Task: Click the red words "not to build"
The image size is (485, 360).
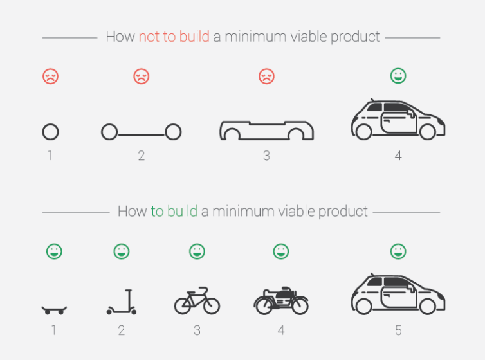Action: click(x=174, y=37)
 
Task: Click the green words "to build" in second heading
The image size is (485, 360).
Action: click(x=174, y=212)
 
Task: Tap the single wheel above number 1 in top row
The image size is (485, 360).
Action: click(x=50, y=132)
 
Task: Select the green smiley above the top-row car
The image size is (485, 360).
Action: click(x=398, y=76)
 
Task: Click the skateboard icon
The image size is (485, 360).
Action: click(x=54, y=310)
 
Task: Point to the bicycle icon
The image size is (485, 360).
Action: click(x=197, y=301)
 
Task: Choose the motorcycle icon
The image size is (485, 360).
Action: click(x=281, y=301)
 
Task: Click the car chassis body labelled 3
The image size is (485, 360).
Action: click(x=267, y=130)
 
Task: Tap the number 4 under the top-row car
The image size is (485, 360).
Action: click(x=398, y=156)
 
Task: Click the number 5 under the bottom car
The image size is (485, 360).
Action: click(x=398, y=330)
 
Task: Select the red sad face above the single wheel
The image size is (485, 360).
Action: click(x=50, y=76)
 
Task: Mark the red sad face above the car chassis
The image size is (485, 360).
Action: click(x=266, y=76)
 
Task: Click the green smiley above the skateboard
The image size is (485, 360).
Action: click(x=54, y=251)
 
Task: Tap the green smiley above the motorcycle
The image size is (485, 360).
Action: click(x=281, y=251)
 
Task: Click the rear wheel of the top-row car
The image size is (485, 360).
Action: click(x=363, y=132)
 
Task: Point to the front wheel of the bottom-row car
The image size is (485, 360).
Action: click(x=428, y=307)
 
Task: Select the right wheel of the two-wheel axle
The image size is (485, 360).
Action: click(x=172, y=132)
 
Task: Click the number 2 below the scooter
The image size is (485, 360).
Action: click(x=121, y=330)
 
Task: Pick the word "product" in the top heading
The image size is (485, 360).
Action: click(x=354, y=37)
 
